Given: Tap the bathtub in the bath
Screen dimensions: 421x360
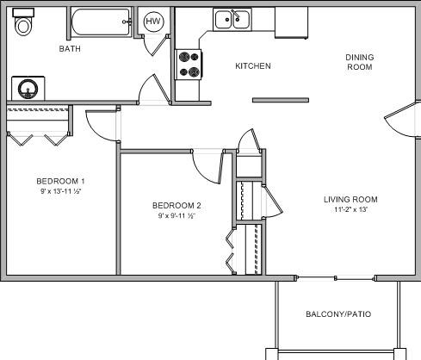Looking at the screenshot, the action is pyautogui.click(x=101, y=22).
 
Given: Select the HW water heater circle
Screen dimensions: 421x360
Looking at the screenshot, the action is pyautogui.click(x=153, y=22).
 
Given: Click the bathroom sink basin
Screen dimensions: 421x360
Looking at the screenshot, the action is pyautogui.click(x=28, y=89).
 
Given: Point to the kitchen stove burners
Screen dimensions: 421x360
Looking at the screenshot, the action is pyautogui.click(x=189, y=65).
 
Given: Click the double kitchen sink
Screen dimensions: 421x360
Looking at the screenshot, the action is pyautogui.click(x=232, y=20).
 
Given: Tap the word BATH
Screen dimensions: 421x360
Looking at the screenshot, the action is pyautogui.click(x=70, y=49).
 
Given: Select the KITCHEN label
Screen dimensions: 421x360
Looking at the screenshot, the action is pyautogui.click(x=253, y=66).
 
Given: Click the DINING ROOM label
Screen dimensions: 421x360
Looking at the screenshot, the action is pyautogui.click(x=360, y=62).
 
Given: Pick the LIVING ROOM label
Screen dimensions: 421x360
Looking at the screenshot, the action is pyautogui.click(x=350, y=200).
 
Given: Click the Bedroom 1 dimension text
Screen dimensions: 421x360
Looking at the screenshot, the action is pyautogui.click(x=61, y=191).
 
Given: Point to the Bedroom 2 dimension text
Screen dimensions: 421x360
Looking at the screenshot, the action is pyautogui.click(x=176, y=215).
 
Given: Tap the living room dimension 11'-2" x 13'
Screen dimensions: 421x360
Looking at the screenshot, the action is pyautogui.click(x=350, y=209).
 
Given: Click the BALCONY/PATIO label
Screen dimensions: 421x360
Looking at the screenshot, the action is pyautogui.click(x=338, y=314).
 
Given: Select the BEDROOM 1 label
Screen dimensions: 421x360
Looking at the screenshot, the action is pyautogui.click(x=60, y=182).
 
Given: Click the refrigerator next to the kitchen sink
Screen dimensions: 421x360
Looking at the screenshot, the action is pyautogui.click(x=291, y=22).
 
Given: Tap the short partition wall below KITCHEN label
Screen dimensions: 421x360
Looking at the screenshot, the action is pyautogui.click(x=281, y=100).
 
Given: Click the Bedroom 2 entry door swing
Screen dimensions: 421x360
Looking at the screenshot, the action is pyautogui.click(x=208, y=166).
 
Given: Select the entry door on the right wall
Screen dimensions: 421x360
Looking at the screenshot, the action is pyautogui.click(x=401, y=119).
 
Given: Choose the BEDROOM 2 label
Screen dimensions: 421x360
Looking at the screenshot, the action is pyautogui.click(x=176, y=206).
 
